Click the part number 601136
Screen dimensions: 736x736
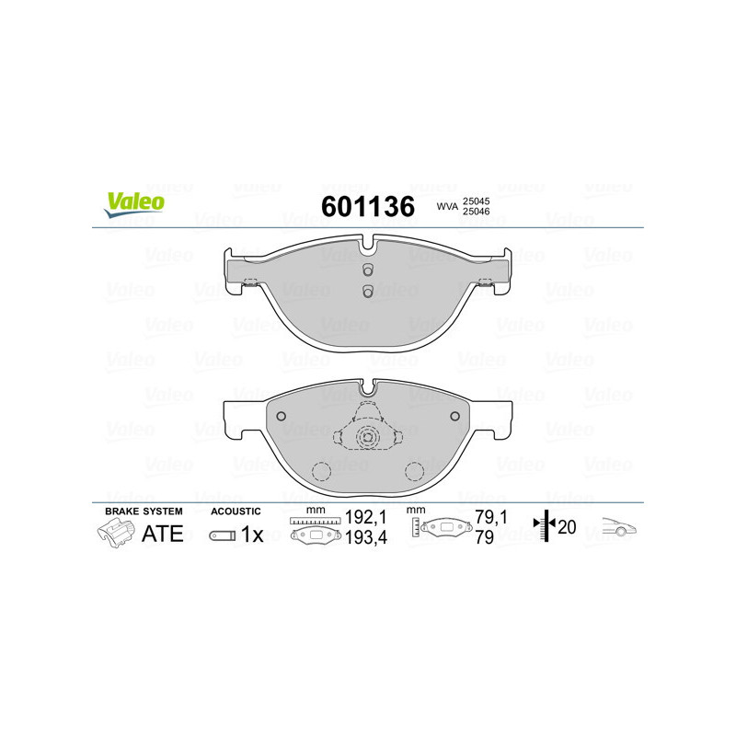[366, 206]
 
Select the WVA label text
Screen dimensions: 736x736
[447, 208]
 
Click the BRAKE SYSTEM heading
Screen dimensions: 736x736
[144, 511]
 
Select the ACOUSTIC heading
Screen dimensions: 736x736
[236, 511]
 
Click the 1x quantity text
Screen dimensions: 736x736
[251, 535]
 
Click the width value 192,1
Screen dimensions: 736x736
[362, 520]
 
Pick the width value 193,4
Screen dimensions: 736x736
[362, 538]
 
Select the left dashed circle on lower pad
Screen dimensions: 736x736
[322, 472]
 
